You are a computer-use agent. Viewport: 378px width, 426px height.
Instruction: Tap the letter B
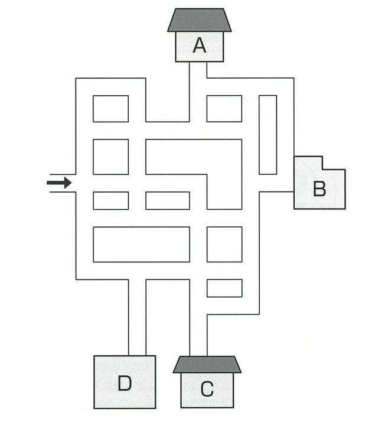(x=319, y=189)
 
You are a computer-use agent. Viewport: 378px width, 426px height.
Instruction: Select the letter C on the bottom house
(x=206, y=389)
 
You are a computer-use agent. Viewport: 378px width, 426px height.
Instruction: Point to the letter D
(x=124, y=384)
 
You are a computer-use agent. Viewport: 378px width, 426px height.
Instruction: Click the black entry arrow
(x=59, y=183)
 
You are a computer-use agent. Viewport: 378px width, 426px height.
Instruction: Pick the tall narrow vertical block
(x=268, y=134)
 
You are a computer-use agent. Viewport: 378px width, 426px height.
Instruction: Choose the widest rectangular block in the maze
(x=141, y=244)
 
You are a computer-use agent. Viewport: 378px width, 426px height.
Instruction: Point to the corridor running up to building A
(x=197, y=89)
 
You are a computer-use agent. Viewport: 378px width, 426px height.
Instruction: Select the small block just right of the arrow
(x=110, y=200)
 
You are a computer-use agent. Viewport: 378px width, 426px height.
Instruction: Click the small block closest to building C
(x=224, y=288)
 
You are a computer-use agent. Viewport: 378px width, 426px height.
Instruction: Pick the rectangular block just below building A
(x=224, y=108)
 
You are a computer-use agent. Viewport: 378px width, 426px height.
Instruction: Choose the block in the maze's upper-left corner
(x=110, y=108)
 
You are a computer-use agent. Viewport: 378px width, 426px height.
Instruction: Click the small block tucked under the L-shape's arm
(x=168, y=200)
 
